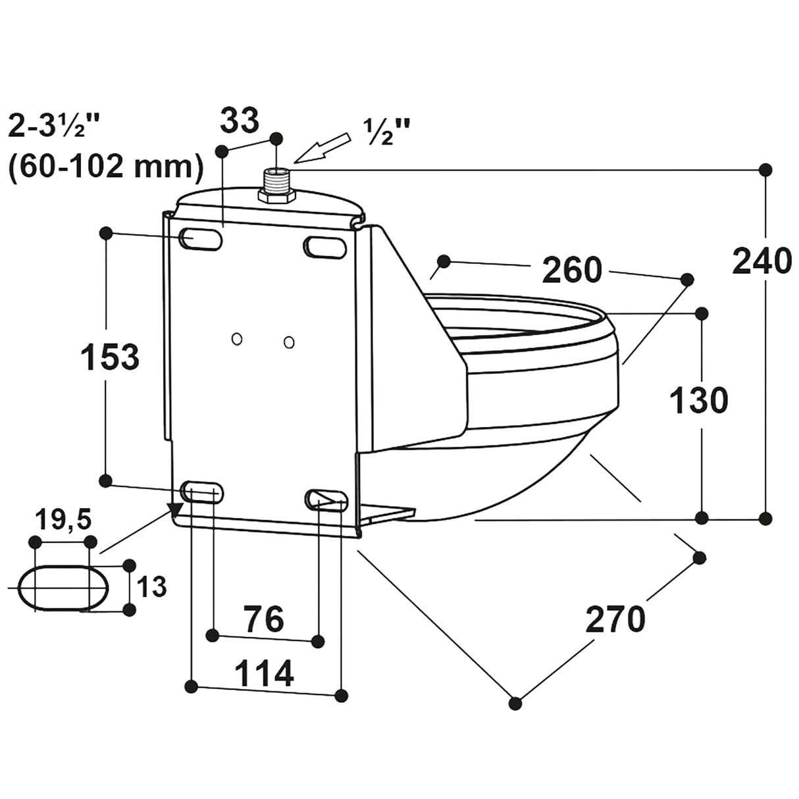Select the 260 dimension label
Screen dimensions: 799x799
click(571, 270)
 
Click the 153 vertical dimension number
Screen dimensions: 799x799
click(109, 357)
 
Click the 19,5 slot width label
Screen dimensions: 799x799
click(64, 521)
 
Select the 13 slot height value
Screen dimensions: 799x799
click(152, 586)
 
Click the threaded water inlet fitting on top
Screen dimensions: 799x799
click(277, 182)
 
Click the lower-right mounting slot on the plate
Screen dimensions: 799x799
click(325, 498)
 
